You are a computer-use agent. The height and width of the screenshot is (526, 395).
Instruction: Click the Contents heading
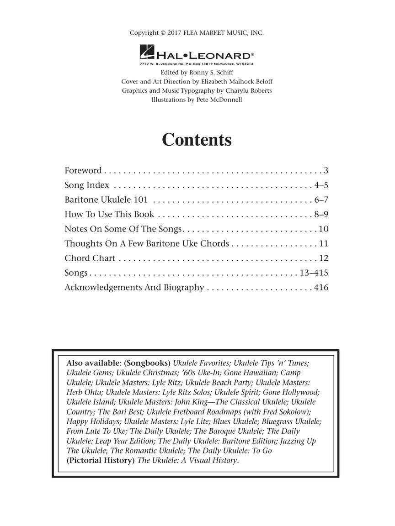(x=197, y=140)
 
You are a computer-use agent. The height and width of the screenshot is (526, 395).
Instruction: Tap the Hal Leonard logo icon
(x=147, y=53)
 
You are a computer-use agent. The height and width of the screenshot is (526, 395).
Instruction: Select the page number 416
(x=321, y=288)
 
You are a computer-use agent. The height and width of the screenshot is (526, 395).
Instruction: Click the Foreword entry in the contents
(x=83, y=171)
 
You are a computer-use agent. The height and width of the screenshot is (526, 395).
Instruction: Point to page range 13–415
(x=314, y=273)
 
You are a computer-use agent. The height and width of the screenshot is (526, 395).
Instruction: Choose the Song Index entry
(x=87, y=185)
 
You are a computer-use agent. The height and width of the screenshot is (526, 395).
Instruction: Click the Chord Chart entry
(x=90, y=258)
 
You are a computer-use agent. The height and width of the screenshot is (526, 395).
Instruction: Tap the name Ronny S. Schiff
(x=210, y=73)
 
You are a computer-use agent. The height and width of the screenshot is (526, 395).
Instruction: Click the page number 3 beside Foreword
(x=326, y=171)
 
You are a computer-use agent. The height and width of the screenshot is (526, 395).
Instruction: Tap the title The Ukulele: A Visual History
(x=187, y=460)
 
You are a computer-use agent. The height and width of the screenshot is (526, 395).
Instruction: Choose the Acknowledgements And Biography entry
(x=134, y=288)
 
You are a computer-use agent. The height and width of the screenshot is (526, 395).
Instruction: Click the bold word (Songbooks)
(x=147, y=363)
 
